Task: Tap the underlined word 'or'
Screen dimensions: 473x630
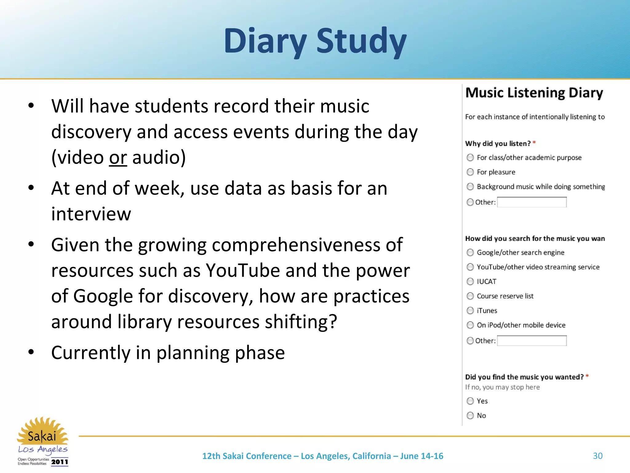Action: (x=118, y=157)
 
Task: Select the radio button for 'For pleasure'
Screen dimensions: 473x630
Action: (x=470, y=172)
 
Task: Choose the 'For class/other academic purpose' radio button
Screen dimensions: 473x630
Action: (x=470, y=158)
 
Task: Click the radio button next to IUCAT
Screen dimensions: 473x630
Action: (x=470, y=281)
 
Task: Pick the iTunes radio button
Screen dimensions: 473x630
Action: (x=470, y=310)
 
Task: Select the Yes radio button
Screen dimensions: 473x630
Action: (x=470, y=401)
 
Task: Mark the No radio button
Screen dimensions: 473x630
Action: (x=470, y=415)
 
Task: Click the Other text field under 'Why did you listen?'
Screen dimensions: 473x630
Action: (x=532, y=202)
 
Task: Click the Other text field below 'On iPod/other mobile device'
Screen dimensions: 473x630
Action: (x=532, y=341)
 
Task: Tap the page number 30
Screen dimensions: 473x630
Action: (x=598, y=456)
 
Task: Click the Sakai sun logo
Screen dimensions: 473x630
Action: (x=42, y=431)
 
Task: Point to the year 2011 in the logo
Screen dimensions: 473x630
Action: (x=59, y=462)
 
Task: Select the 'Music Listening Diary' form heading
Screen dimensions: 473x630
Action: (x=534, y=93)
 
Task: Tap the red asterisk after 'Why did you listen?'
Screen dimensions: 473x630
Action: (x=534, y=143)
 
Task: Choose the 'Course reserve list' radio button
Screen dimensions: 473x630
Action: (x=470, y=296)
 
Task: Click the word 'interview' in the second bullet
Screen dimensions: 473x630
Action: (x=91, y=214)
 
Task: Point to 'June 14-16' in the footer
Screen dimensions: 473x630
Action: (x=421, y=456)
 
